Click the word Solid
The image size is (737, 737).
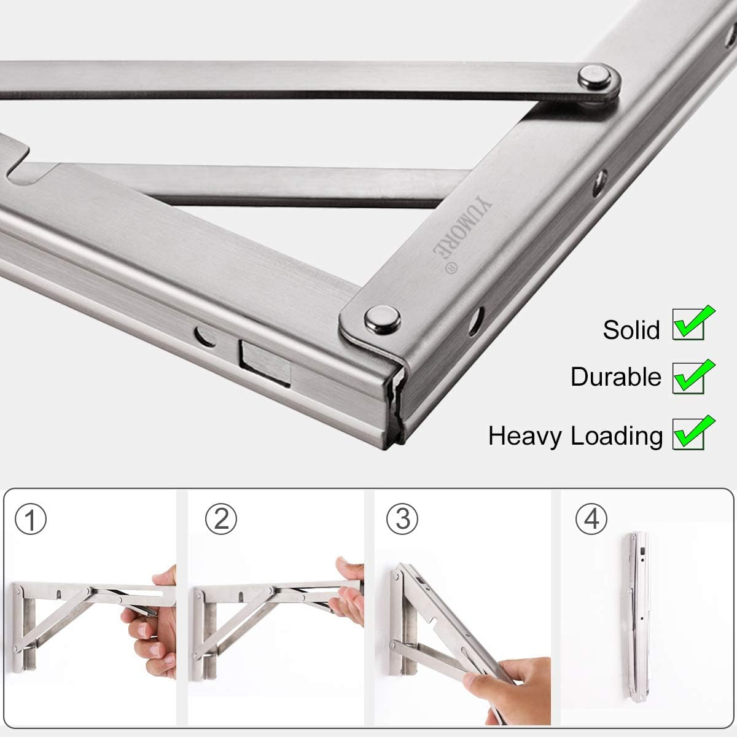(x=632, y=330)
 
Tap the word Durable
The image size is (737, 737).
(x=615, y=376)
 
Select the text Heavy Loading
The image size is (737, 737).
(x=575, y=435)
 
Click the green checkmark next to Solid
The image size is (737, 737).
(x=693, y=323)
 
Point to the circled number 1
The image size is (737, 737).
(x=30, y=520)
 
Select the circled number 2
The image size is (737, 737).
(x=220, y=520)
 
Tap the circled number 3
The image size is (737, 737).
(x=402, y=520)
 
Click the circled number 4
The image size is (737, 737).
(x=591, y=520)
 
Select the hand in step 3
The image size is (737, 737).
(x=510, y=685)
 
